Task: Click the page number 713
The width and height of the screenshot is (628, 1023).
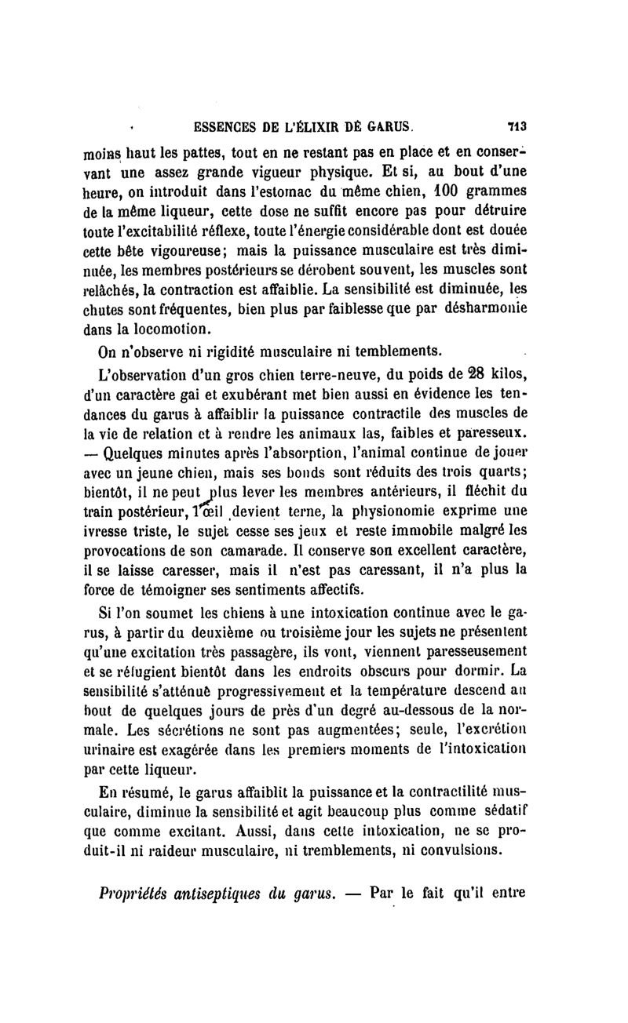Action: click(x=516, y=125)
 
